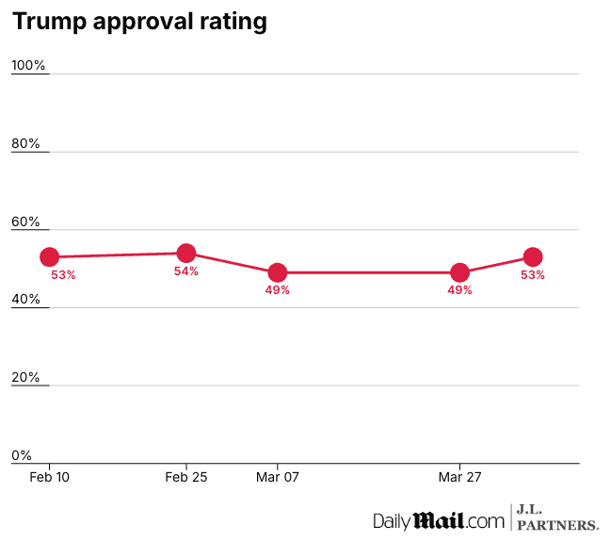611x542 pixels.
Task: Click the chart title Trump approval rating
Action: [x=139, y=22]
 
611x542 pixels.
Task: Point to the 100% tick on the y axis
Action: [x=28, y=65]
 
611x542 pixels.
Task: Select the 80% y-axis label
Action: [x=26, y=143]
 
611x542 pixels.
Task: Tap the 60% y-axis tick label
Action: [x=26, y=222]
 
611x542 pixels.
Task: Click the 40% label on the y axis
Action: [x=26, y=299]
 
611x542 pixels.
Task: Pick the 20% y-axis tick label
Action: [x=26, y=377]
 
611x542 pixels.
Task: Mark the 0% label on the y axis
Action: [x=22, y=455]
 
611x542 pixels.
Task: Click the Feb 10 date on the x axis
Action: [x=50, y=478]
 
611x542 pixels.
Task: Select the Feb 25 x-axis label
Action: [x=186, y=478]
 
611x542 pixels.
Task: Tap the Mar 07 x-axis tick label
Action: [x=278, y=478]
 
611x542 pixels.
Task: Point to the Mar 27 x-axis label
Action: [x=460, y=478]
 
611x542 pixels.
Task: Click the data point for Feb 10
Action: [x=50, y=256]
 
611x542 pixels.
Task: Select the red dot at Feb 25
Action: [x=186, y=253]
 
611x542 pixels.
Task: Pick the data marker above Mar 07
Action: [x=278, y=272]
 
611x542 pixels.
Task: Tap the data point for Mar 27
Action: [x=460, y=272]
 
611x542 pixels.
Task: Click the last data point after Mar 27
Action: [x=533, y=256]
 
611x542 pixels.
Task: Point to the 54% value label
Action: [x=186, y=271]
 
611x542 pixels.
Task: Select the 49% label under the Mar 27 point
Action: [x=460, y=290]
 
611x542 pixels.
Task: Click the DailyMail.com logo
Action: [x=439, y=520]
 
